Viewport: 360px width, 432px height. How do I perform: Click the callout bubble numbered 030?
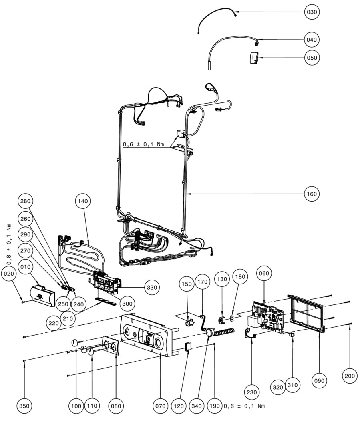point(312,12)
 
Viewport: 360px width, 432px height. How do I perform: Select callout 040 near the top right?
point(312,40)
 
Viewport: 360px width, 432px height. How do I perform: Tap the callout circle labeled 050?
point(312,58)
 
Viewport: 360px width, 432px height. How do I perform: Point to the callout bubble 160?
point(312,194)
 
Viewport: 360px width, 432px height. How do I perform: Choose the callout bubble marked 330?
point(152,287)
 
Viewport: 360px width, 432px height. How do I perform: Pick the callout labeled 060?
point(264,273)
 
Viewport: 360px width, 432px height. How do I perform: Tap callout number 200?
point(350,376)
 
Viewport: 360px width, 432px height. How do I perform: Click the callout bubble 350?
point(24,406)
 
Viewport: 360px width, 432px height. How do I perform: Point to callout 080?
point(116,406)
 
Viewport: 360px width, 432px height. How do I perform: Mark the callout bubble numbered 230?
point(252,392)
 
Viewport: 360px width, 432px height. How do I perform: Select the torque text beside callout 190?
point(244,406)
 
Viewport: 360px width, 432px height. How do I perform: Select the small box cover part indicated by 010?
point(42,296)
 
